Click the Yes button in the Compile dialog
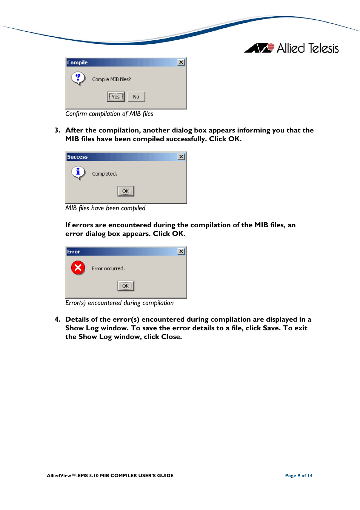115,97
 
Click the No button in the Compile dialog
136,97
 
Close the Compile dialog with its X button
181,62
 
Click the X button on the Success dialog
181,157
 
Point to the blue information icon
78,173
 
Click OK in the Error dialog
126,286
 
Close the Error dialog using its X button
181,251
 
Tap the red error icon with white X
78,268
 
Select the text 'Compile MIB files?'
111,79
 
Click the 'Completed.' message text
105,174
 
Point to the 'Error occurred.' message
108,268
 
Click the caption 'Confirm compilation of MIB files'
109,114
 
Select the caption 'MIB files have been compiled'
105,208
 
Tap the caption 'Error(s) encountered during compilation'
119,303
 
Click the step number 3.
57,130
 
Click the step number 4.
57,319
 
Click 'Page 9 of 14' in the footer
299,475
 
